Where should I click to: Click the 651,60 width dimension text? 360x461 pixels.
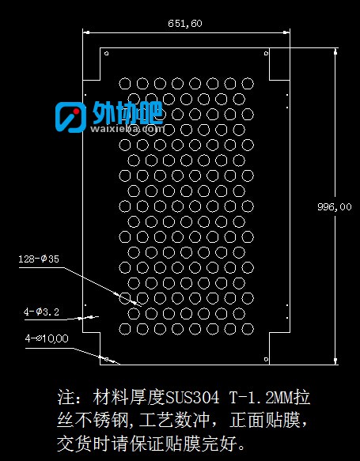[x=185, y=24]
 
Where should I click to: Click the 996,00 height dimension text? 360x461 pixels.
[x=335, y=207]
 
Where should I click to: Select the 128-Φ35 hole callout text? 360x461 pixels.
[x=39, y=259]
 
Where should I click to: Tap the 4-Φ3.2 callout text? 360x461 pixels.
[x=41, y=312]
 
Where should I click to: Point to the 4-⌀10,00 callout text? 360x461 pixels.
[x=47, y=338]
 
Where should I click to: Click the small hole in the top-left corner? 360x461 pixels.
[x=107, y=54]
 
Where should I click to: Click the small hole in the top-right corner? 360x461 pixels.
[x=266, y=53]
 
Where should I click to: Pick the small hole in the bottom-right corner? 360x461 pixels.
[x=266, y=359]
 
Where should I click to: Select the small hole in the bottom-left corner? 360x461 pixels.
[x=107, y=359]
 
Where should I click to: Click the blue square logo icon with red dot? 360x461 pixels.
[x=70, y=117]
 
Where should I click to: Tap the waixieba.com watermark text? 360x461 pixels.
[x=127, y=128]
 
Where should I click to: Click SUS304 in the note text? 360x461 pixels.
[x=192, y=398]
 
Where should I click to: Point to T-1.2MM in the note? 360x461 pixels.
[x=261, y=398]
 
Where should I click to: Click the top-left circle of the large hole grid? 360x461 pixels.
[x=125, y=84]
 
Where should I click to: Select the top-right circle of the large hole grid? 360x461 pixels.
[x=248, y=84]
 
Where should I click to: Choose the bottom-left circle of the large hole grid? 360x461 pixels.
[x=125, y=329]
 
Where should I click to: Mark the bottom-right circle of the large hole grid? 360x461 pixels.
[x=248, y=329]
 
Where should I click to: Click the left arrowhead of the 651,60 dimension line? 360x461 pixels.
[x=86, y=32]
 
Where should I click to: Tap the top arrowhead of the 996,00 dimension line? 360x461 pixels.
[x=335, y=51]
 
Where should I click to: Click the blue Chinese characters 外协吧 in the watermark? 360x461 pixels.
[x=127, y=112]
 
